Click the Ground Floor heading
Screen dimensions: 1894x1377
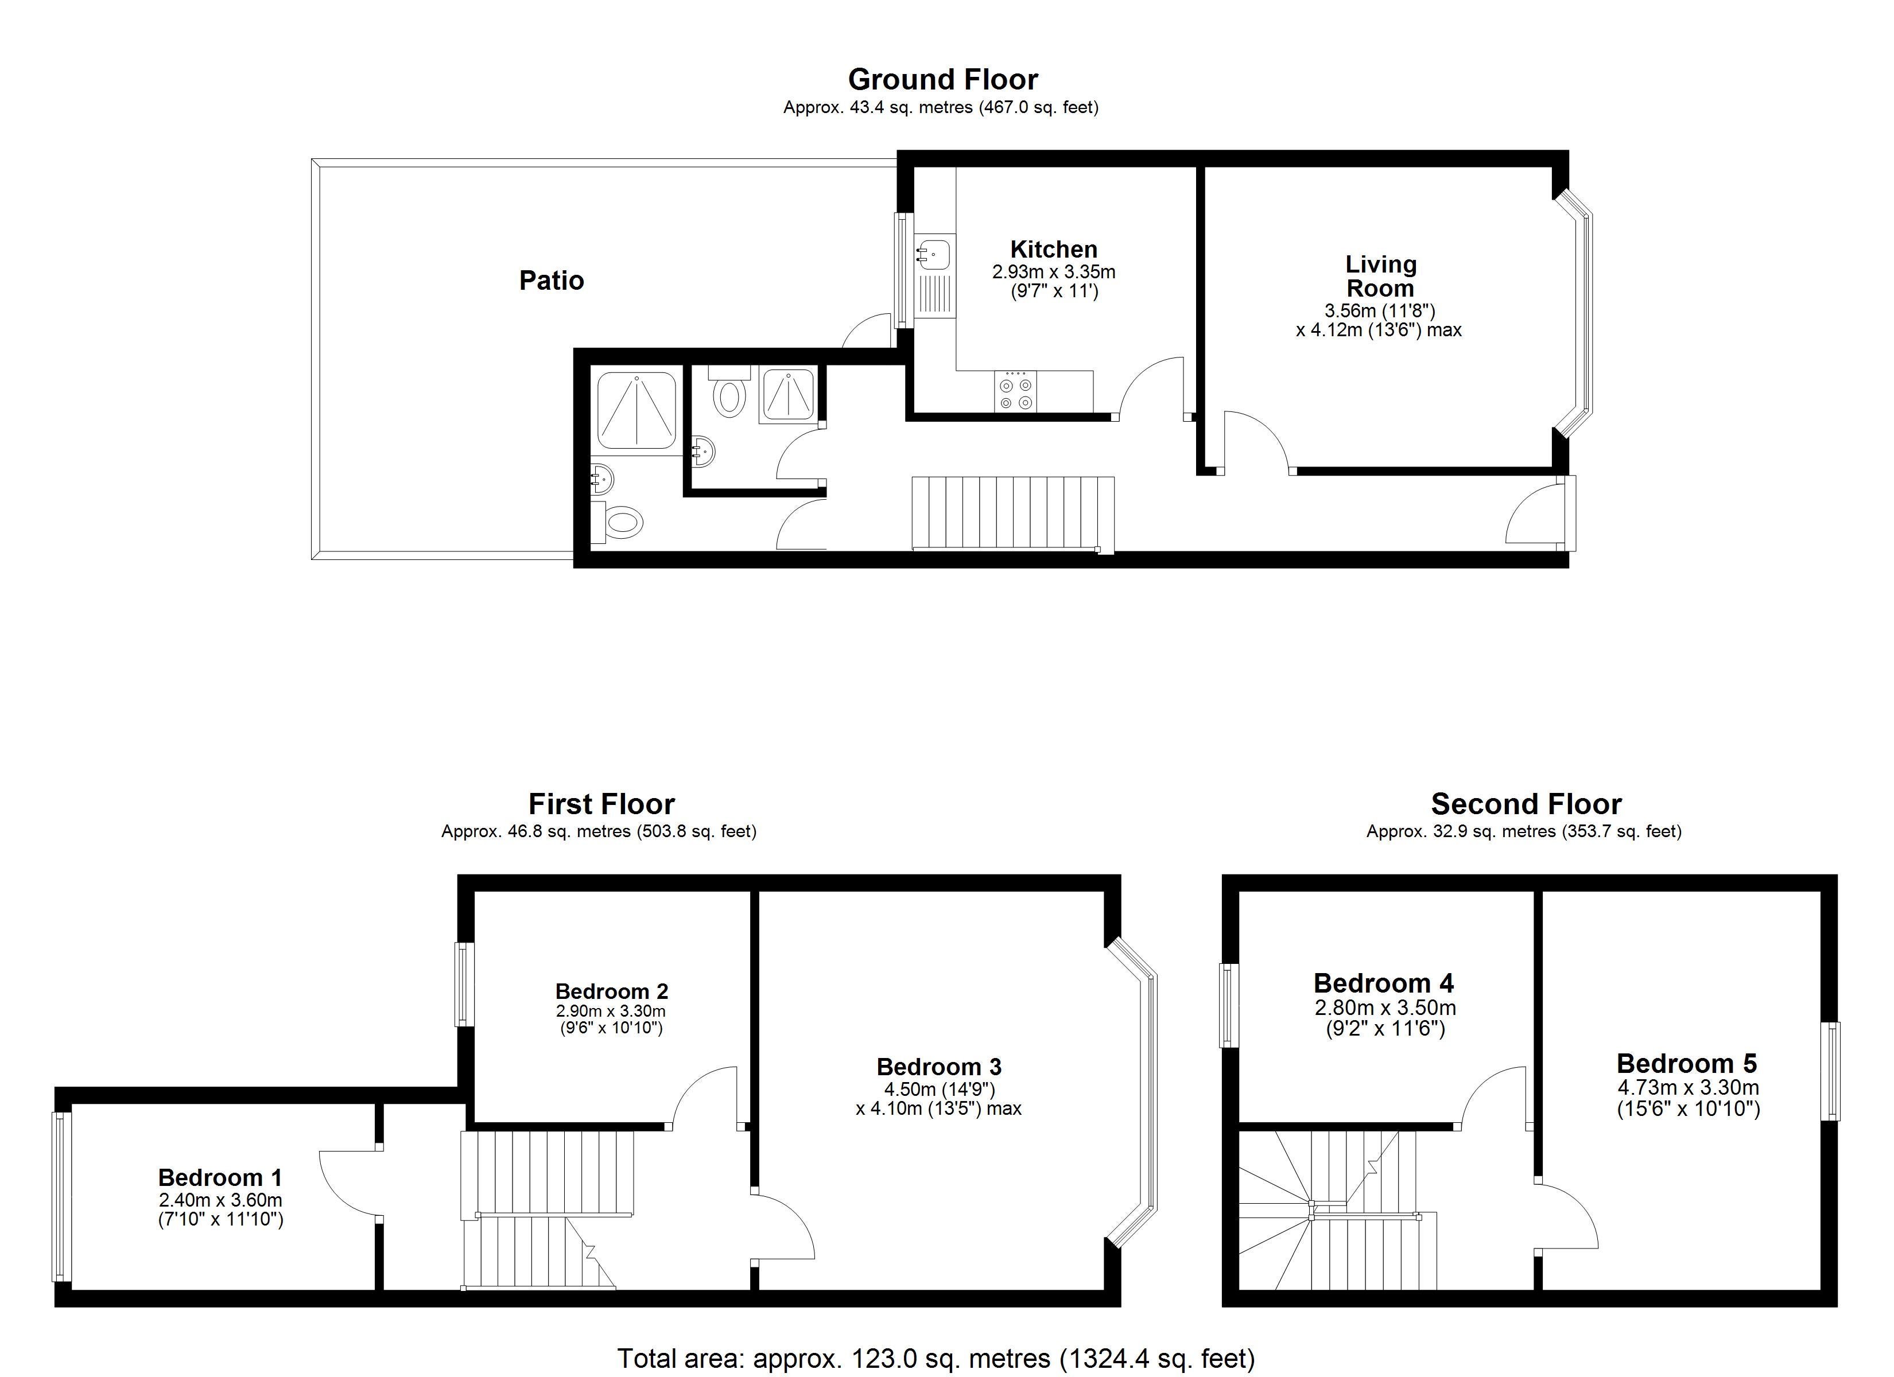tap(943, 79)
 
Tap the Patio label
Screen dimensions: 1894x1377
tap(551, 280)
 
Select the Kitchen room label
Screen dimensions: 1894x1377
tap(1054, 249)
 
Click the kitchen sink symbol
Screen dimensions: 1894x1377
tap(934, 253)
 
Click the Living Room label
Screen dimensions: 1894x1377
tap(1380, 277)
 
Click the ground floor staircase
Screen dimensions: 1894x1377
tap(1013, 514)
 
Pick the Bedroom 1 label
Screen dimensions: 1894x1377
tap(220, 1177)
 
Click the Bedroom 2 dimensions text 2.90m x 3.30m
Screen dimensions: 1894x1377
tap(611, 1012)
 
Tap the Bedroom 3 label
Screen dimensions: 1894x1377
tap(938, 1067)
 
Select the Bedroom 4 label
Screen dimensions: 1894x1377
tap(1384, 983)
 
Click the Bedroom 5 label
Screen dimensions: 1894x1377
tap(1687, 1063)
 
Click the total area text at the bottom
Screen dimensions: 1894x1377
tap(936, 1359)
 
